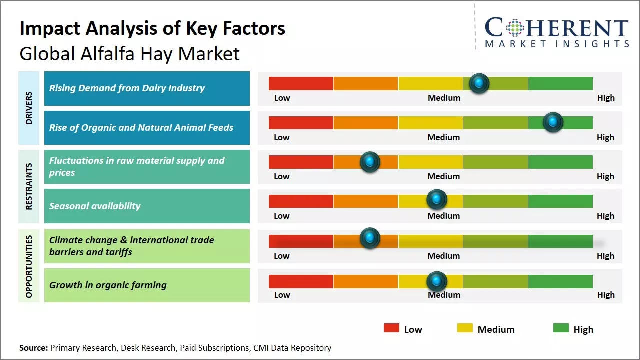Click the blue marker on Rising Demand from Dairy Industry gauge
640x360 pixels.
click(x=479, y=83)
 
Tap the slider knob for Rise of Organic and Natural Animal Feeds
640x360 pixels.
click(x=553, y=122)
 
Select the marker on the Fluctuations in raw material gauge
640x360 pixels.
click(x=370, y=162)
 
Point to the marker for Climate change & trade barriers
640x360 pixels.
click(x=370, y=238)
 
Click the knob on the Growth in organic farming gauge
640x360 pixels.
click(x=437, y=282)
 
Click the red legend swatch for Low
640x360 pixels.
click(x=391, y=328)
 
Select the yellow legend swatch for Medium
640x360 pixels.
click(x=465, y=328)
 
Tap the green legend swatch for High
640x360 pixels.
click(x=561, y=328)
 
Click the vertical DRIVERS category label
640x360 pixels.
click(x=28, y=107)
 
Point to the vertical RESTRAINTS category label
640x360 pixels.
click(x=28, y=186)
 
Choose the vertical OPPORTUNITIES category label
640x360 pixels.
click(x=28, y=266)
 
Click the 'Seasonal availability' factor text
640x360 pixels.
click(x=95, y=206)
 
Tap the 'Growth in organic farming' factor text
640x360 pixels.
click(x=108, y=285)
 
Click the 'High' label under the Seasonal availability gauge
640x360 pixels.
click(x=605, y=216)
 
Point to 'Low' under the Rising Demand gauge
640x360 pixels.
click(x=282, y=98)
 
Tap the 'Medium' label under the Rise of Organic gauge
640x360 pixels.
click(x=444, y=137)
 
